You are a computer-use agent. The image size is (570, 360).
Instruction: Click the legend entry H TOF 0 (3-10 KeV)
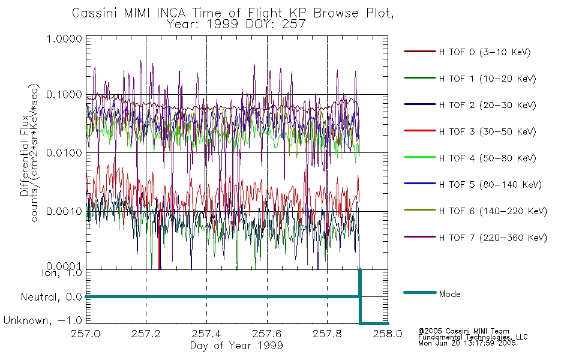[x=485, y=52]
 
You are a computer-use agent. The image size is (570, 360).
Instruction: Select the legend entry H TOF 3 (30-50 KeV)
[x=487, y=131]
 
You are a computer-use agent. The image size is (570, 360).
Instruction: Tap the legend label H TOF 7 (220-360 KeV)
[x=493, y=238]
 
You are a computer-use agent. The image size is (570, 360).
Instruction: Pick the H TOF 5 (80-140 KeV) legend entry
[x=490, y=185]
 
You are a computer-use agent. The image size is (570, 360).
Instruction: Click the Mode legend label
[x=449, y=294]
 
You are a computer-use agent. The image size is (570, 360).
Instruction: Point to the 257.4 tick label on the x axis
[x=206, y=334]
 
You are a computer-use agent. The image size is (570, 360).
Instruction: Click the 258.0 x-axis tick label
[x=388, y=334]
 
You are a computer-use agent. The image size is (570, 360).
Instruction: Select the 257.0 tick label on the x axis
[x=86, y=334]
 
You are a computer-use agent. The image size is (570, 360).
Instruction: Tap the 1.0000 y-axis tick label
[x=64, y=38]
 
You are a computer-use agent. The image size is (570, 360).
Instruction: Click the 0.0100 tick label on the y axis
[x=64, y=153]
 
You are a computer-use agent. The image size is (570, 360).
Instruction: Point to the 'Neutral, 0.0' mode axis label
[x=51, y=297]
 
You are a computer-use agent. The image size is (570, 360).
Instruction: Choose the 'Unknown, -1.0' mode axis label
[x=43, y=320]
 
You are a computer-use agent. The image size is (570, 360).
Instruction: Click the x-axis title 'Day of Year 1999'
[x=236, y=346]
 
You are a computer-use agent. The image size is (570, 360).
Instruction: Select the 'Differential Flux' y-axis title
[x=25, y=155]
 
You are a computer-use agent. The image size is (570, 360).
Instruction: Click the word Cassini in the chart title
[x=95, y=13]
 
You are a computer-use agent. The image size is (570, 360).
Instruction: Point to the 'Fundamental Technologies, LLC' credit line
[x=473, y=337]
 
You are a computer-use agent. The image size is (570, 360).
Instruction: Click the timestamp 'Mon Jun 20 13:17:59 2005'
[x=467, y=343]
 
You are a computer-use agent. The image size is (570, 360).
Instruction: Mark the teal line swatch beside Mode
[x=420, y=292]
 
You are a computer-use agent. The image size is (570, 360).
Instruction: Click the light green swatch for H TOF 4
[x=420, y=157]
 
